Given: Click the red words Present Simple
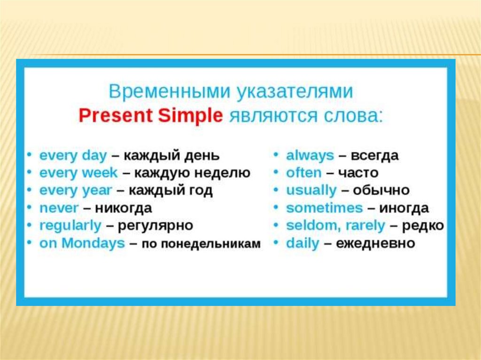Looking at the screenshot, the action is coord(151,116).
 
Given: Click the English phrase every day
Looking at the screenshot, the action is coord(73,156).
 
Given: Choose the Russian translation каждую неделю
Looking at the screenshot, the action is coord(192,173).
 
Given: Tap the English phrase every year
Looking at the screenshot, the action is coord(76,191).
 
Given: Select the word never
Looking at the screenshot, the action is coord(59,208).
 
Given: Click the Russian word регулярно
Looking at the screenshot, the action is coord(155,226).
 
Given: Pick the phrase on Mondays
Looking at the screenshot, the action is coord(82,243).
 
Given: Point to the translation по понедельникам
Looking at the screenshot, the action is coord(201,244).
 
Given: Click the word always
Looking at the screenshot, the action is coord(310,156).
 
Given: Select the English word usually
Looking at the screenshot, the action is coord(311,191).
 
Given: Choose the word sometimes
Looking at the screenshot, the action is coord(325,208).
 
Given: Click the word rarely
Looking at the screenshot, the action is coord(365,226).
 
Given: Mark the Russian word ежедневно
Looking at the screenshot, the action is coord(375,244).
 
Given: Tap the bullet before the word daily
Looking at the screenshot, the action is coord(276,243).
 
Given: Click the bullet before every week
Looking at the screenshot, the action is coord(29,172).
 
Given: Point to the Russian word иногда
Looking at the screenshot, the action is coord(404,208).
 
